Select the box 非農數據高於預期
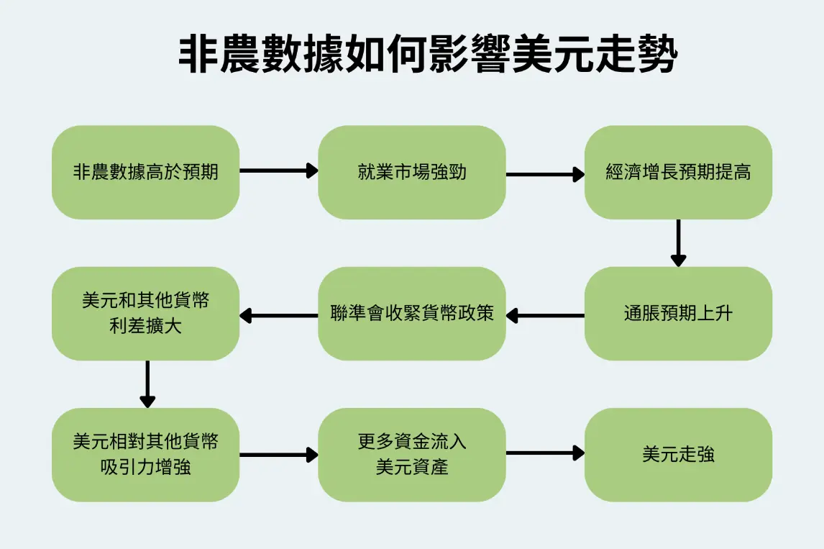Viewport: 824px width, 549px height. (145, 172)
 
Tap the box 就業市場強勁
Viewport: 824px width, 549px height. (412, 172)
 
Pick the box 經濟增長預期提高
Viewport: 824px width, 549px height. (678, 172)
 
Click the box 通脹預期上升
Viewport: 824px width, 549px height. (678, 314)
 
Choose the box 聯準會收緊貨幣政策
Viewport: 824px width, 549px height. (412, 314)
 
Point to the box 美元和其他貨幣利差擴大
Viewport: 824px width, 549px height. (145, 314)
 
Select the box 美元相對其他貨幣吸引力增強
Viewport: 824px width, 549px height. (145, 455)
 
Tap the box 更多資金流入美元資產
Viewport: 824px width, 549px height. (412, 455)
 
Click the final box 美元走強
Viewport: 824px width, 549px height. (678, 455)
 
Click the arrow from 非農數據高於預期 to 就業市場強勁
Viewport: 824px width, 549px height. (279, 171)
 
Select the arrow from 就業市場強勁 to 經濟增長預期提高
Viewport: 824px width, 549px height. (545, 173)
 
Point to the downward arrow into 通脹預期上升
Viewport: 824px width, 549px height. (678, 243)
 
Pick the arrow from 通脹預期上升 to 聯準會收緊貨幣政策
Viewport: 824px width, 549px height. (545, 315)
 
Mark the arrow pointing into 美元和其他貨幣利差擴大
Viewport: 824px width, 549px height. (279, 315)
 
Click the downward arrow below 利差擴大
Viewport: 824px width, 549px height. (147, 384)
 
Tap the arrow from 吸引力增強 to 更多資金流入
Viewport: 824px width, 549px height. (279, 454)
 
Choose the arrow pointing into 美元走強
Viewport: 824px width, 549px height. (545, 453)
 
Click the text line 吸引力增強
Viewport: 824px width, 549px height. (146, 467)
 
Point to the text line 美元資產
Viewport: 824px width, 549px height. (412, 467)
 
